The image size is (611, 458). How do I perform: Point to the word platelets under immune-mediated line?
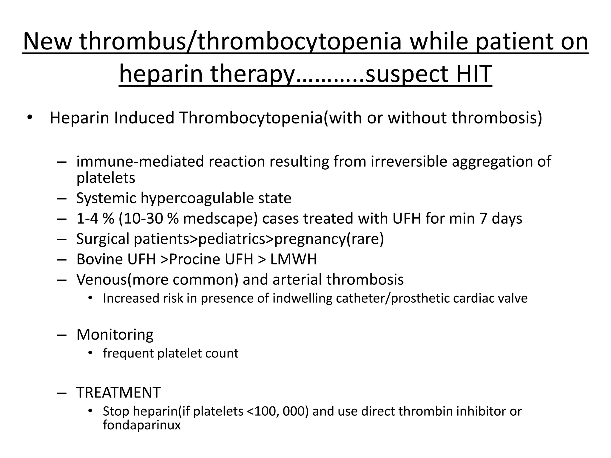coord(106,178)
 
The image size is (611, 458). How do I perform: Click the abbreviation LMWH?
coord(294,259)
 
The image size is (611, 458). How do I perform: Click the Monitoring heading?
coord(115,335)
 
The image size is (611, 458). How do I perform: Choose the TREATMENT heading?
coord(118,392)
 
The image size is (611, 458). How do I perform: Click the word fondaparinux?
coord(142,425)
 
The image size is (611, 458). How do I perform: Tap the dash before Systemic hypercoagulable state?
coord(61,199)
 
